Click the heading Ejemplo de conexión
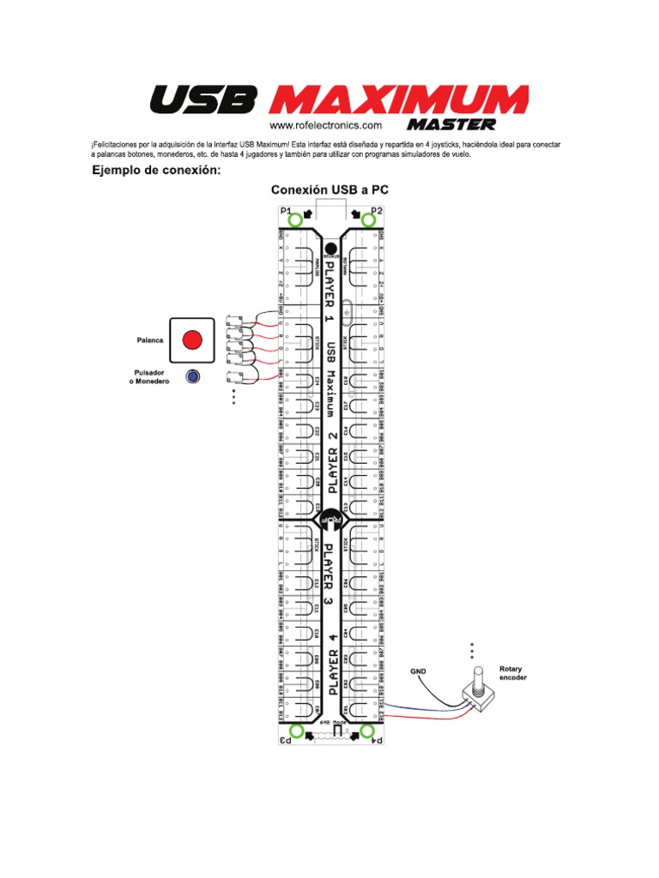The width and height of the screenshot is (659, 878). tap(157, 171)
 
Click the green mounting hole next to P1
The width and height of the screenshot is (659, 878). tap(295, 220)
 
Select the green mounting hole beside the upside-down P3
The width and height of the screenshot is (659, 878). tap(296, 731)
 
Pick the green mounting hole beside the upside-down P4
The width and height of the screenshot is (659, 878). tap(368, 731)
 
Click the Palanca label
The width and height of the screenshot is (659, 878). tap(150, 340)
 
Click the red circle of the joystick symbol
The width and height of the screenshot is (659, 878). tap(193, 340)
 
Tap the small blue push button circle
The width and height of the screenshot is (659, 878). tap(193, 376)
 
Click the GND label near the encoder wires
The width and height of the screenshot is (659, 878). tap(418, 671)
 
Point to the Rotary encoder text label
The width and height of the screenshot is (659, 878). tap(513, 673)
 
